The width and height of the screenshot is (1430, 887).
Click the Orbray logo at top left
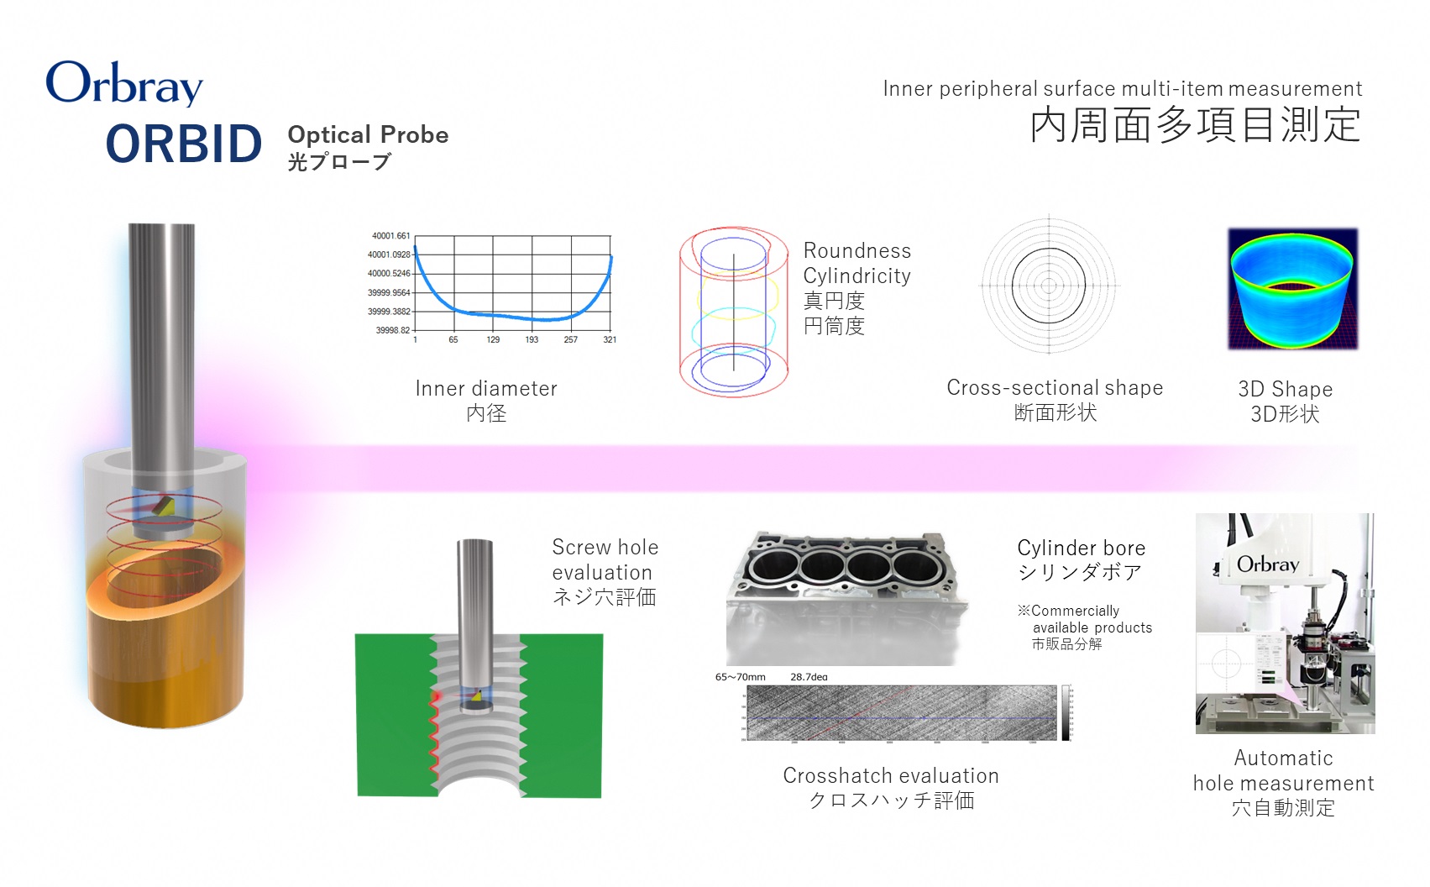(x=124, y=83)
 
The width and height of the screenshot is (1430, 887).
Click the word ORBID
(x=184, y=144)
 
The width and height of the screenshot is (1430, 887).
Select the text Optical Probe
(x=368, y=134)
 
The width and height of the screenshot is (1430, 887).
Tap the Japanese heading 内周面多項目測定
(x=1195, y=125)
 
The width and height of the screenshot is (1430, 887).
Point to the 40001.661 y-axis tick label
(x=390, y=236)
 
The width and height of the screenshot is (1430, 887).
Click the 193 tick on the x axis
(x=532, y=340)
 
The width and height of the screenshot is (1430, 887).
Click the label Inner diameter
(x=486, y=388)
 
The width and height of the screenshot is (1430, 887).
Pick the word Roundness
(x=856, y=250)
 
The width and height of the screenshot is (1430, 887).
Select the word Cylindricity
(x=856, y=276)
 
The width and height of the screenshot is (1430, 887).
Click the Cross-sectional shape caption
(x=1055, y=387)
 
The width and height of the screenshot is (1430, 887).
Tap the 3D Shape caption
(x=1285, y=389)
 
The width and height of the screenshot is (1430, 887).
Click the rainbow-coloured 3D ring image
(x=1292, y=289)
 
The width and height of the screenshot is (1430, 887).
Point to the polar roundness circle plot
(x=1049, y=286)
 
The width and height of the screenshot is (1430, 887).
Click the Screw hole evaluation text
(x=605, y=559)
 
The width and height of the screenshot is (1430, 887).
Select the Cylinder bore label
(x=1081, y=548)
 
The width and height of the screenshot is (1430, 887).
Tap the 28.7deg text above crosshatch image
(x=809, y=677)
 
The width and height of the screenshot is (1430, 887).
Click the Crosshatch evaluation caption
(x=891, y=775)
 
